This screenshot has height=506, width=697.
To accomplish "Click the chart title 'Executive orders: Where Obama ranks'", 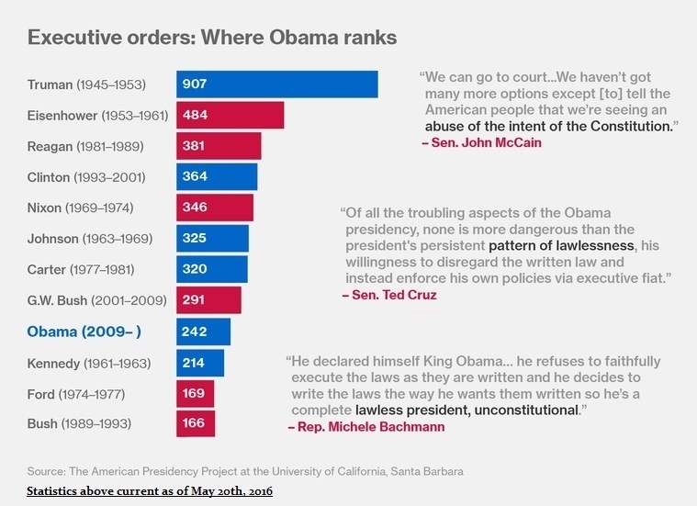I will (212, 38).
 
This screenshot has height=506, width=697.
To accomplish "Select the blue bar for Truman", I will (276, 84).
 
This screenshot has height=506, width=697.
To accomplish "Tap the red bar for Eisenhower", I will (230, 116).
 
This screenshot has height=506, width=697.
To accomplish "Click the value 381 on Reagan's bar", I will (195, 146).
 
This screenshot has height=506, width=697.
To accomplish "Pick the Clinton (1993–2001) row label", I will (86, 177).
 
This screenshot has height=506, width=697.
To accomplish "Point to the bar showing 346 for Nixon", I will (214, 208).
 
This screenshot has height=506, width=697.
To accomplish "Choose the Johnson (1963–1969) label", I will (90, 239).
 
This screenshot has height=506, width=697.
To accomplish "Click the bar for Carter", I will (212, 270).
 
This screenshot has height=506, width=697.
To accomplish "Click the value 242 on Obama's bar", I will (195, 332).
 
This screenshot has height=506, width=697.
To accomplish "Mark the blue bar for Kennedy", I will (199, 363).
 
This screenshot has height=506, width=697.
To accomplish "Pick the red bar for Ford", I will (195, 393).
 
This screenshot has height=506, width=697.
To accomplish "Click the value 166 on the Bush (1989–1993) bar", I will (195, 424).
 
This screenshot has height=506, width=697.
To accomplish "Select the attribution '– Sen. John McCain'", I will (481, 142).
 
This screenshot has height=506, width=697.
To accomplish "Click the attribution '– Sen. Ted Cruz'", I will (388, 295).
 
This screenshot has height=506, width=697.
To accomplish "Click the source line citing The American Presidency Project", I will (245, 471).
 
